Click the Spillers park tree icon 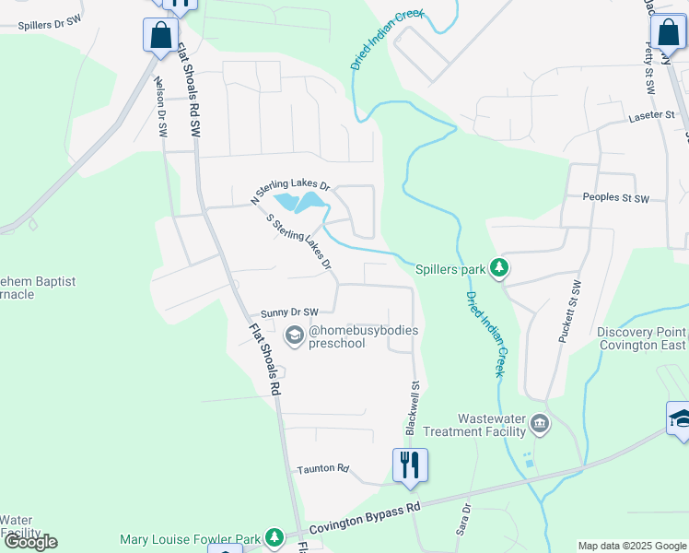[499, 268]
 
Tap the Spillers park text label [450, 269]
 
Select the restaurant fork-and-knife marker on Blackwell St [410, 464]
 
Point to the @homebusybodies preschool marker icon [295, 335]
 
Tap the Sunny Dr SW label [289, 312]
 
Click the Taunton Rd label [322, 469]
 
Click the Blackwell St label [414, 409]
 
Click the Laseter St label [651, 116]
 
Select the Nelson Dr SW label [162, 106]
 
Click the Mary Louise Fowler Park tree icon [274, 536]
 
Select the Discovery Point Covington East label [641, 338]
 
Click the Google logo [30, 542]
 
